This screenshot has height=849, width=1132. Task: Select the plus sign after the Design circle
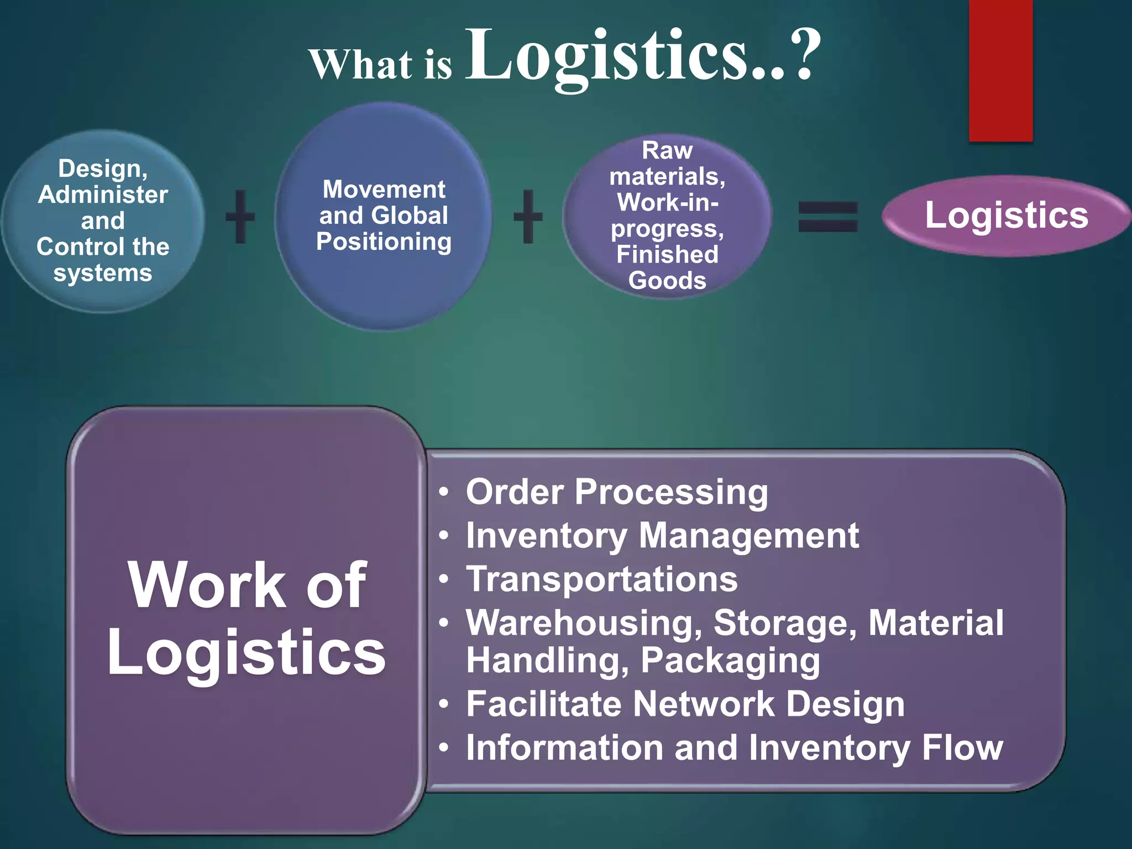point(240,216)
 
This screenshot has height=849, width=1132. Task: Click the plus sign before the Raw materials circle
point(528,216)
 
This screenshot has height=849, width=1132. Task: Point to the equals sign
point(828,216)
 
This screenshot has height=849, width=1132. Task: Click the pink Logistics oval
point(1006,215)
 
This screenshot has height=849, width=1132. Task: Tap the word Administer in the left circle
point(103,195)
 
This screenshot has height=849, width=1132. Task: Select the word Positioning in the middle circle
point(384,242)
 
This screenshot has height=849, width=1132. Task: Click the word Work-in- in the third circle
point(668,202)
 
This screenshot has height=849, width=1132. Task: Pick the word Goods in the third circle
point(667,281)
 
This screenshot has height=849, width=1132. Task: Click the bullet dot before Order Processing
point(444,491)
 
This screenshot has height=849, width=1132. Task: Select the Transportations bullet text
point(601,579)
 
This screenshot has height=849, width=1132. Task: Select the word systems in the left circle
point(103,273)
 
